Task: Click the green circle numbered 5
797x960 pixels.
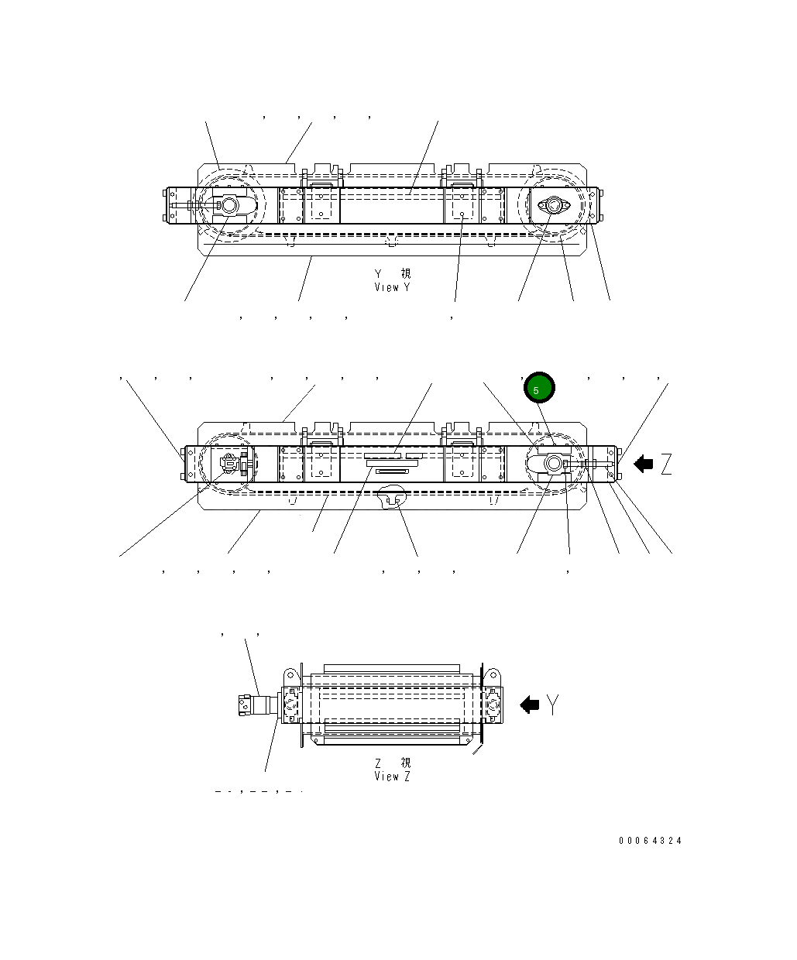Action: [539, 389]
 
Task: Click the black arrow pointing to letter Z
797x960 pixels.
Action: [643, 465]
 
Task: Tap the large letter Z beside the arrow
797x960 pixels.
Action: [665, 465]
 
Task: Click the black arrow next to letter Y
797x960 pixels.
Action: [530, 705]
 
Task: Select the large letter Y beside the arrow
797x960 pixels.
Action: [552, 705]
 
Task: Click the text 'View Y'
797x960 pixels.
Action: [392, 287]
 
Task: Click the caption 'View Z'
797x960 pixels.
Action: [392, 777]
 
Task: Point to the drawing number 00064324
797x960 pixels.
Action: [650, 841]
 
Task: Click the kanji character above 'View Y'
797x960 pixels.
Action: [406, 273]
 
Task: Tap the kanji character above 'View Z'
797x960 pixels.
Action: [406, 763]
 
